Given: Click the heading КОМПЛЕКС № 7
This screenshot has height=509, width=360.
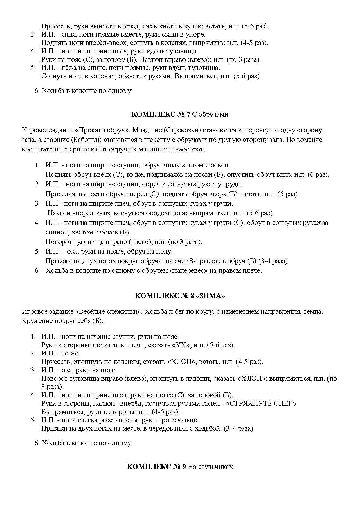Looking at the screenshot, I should click(x=161, y=114).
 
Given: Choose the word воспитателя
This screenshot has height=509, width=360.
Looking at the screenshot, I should click(x=38, y=149).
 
